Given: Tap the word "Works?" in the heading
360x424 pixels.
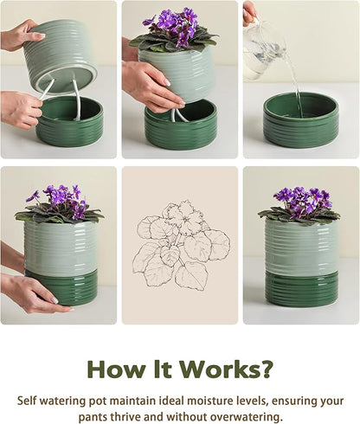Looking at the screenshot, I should tap(235, 369).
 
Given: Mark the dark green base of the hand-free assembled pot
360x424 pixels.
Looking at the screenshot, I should tap(301, 290).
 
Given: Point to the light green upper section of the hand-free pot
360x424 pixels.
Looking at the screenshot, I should tap(301, 247).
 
